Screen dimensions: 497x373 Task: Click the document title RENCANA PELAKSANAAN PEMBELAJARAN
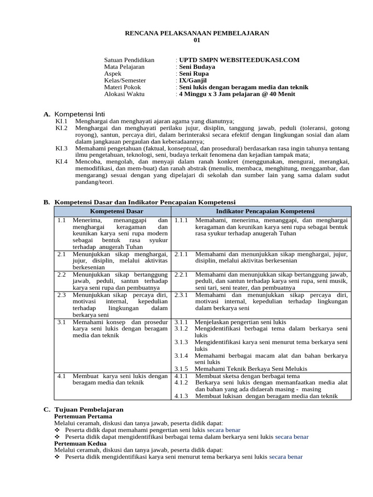coord(197,33)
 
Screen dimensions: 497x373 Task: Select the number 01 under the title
coord(197,40)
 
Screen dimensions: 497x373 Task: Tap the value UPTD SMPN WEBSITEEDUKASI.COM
coord(239,60)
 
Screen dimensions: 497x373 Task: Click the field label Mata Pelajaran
coord(124,67)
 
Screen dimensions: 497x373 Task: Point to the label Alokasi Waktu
coord(124,94)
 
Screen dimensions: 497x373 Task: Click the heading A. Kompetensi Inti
coord(80,114)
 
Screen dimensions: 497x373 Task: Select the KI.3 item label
coord(62,148)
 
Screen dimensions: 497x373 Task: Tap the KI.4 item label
coord(62,161)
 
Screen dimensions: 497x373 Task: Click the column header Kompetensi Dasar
coord(113,211)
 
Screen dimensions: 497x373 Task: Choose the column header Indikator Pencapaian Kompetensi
coord(265,211)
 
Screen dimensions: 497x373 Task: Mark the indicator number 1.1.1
coord(181,220)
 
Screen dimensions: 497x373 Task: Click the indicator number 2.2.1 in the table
coord(181,274)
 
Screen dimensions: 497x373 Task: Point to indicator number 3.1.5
coord(181,369)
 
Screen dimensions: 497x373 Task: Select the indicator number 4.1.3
coord(181,396)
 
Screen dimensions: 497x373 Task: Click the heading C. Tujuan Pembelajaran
coord(84,410)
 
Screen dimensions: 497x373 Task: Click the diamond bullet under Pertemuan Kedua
coord(58,457)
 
